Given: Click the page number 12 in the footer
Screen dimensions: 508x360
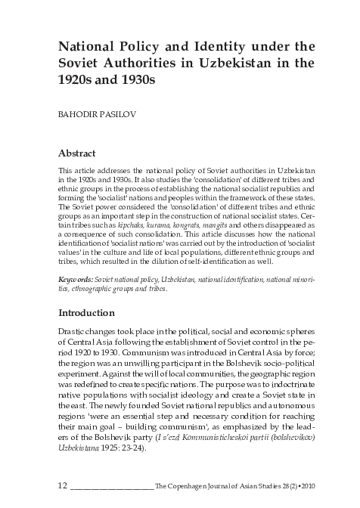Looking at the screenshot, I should (x=64, y=482).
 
